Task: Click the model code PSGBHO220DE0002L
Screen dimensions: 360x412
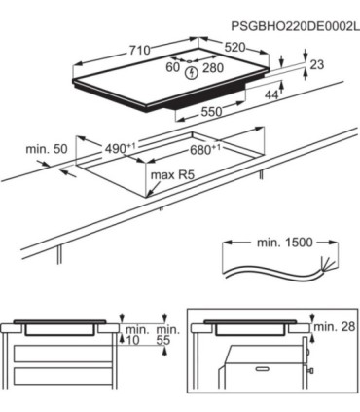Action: (295, 26)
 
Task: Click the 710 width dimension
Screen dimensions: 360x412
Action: (140, 51)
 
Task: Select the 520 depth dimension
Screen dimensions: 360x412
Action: (235, 48)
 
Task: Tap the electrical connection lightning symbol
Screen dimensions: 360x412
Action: (193, 73)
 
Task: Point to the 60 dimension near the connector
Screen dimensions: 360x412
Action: (172, 67)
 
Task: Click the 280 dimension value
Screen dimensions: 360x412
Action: (213, 68)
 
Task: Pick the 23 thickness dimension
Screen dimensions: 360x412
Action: (317, 64)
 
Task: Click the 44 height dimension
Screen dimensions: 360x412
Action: (271, 94)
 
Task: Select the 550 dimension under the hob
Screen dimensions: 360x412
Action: (211, 112)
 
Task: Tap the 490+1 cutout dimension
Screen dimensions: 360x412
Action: (120, 149)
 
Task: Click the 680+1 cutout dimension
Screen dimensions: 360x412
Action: (205, 150)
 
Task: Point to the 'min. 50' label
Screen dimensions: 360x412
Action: (47, 149)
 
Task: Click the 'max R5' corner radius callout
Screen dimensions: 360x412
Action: (172, 175)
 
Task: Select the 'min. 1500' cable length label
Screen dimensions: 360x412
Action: (285, 243)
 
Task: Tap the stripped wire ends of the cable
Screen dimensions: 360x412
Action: (327, 265)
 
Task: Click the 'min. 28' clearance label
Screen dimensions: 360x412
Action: (335, 327)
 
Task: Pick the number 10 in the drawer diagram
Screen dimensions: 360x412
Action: (132, 340)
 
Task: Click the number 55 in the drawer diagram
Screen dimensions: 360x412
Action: (163, 340)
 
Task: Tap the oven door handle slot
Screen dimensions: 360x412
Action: (264, 369)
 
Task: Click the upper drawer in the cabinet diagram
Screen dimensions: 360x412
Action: (63, 354)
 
